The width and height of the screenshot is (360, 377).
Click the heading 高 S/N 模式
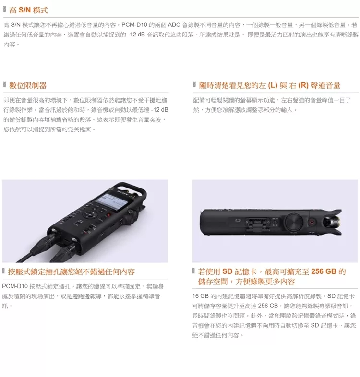click(x=28, y=11)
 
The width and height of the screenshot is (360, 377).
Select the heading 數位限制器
click(x=28, y=85)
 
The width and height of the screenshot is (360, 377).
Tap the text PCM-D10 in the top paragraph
click(x=134, y=25)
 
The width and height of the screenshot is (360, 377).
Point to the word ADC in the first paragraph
click(x=174, y=25)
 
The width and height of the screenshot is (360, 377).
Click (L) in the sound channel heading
click(x=273, y=85)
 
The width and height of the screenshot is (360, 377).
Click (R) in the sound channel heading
click(x=303, y=85)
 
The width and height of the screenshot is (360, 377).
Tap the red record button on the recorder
click(x=108, y=215)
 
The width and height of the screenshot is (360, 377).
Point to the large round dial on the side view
click(x=294, y=222)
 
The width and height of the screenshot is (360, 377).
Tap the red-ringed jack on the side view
click(x=312, y=222)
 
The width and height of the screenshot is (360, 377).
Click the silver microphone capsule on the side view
click(x=331, y=222)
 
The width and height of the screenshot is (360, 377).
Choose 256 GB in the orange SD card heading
click(x=324, y=271)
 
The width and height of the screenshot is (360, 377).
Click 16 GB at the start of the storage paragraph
click(x=200, y=296)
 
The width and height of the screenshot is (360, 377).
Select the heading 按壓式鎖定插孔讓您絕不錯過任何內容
click(x=71, y=271)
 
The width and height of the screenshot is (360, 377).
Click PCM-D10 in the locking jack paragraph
click(x=15, y=286)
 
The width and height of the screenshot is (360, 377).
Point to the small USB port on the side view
click(x=238, y=220)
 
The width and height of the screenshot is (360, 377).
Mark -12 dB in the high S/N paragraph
click(x=136, y=35)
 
